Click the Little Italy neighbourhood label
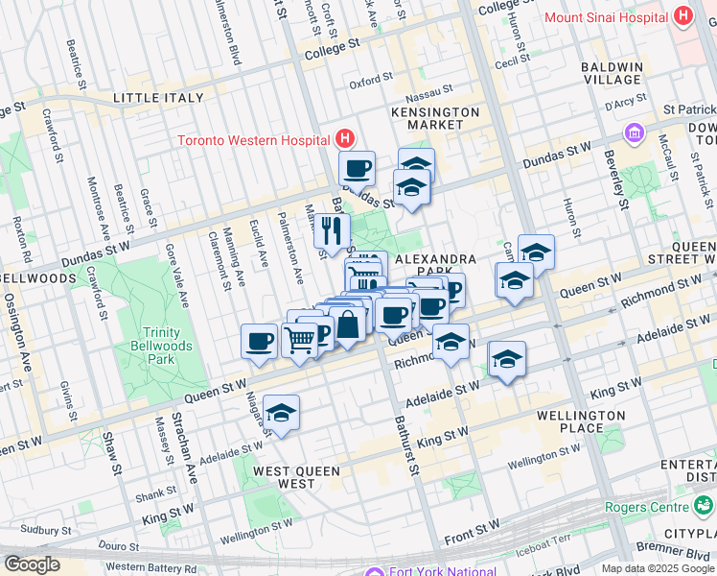(x=158, y=98)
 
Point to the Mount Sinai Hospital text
(x=606, y=17)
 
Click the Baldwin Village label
(x=611, y=74)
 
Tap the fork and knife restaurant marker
(x=332, y=229)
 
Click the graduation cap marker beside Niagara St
(x=281, y=413)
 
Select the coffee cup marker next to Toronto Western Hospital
(x=358, y=168)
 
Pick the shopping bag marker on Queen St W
(x=347, y=324)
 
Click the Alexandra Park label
(x=435, y=266)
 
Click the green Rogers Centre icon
(x=705, y=506)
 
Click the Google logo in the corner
(x=32, y=564)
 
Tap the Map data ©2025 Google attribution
(x=658, y=568)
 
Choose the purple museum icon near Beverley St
(x=634, y=132)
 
